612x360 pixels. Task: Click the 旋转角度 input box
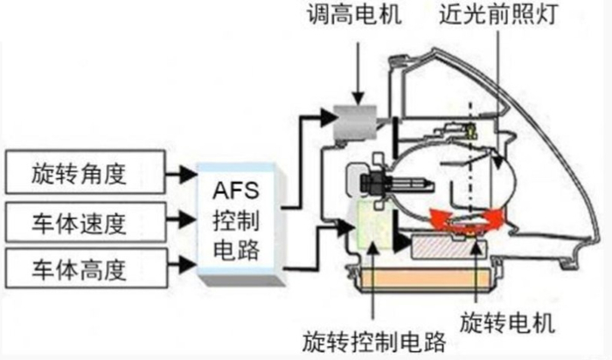(x=84, y=173)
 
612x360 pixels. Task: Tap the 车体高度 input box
(x=84, y=265)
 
